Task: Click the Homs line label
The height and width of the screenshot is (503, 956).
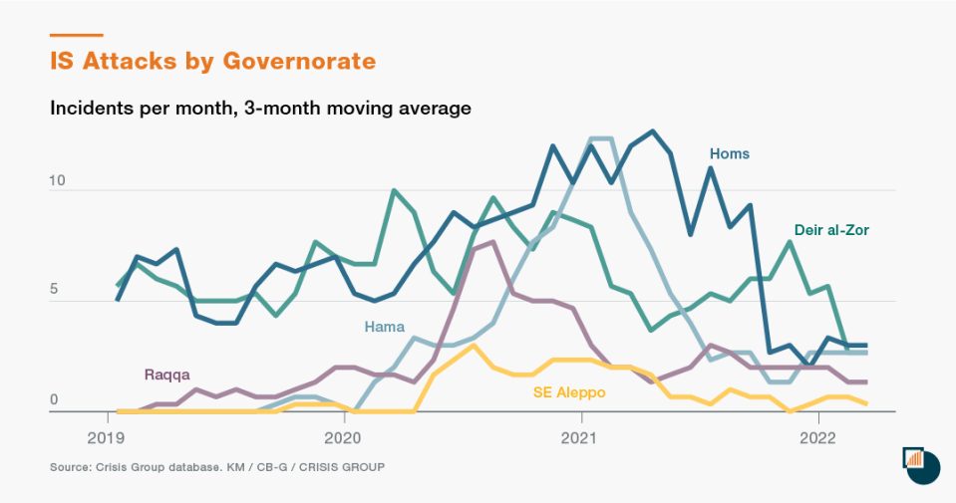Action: (x=729, y=153)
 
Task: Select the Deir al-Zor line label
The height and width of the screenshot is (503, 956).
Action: (x=831, y=230)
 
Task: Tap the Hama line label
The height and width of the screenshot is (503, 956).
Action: (x=384, y=326)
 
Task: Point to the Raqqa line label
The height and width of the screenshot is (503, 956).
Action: (x=166, y=376)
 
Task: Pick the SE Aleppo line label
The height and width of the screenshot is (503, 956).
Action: (x=568, y=393)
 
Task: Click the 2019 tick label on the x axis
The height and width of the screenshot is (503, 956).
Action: (x=106, y=436)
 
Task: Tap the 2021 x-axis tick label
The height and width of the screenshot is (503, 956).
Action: (x=580, y=436)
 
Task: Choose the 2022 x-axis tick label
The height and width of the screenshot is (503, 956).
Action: (x=817, y=436)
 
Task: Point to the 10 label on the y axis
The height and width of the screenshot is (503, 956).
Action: (x=57, y=181)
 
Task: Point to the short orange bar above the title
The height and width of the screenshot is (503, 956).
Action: (x=76, y=36)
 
